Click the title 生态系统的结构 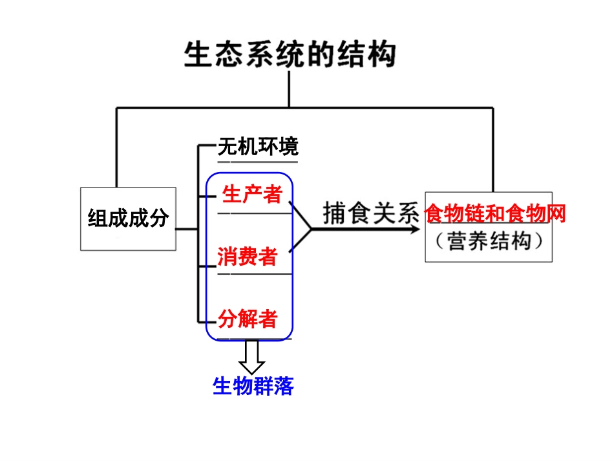pyautogui.click(x=290, y=54)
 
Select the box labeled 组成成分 pyautogui.click(x=128, y=219)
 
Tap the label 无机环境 pyautogui.click(x=258, y=147)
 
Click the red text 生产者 pyautogui.click(x=252, y=193)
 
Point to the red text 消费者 pyautogui.click(x=248, y=257)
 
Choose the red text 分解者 pyautogui.click(x=248, y=318)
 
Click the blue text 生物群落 pyautogui.click(x=253, y=386)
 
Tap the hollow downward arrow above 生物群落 pyautogui.click(x=252, y=356)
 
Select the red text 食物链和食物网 pyautogui.click(x=495, y=213)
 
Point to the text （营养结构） pyautogui.click(x=489, y=241)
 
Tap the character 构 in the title pyautogui.click(x=381, y=54)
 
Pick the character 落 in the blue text pyautogui.click(x=284, y=386)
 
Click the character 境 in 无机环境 pyautogui.click(x=288, y=147)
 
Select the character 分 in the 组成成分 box pyautogui.click(x=158, y=219)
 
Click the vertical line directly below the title pyautogui.click(x=289, y=89)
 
